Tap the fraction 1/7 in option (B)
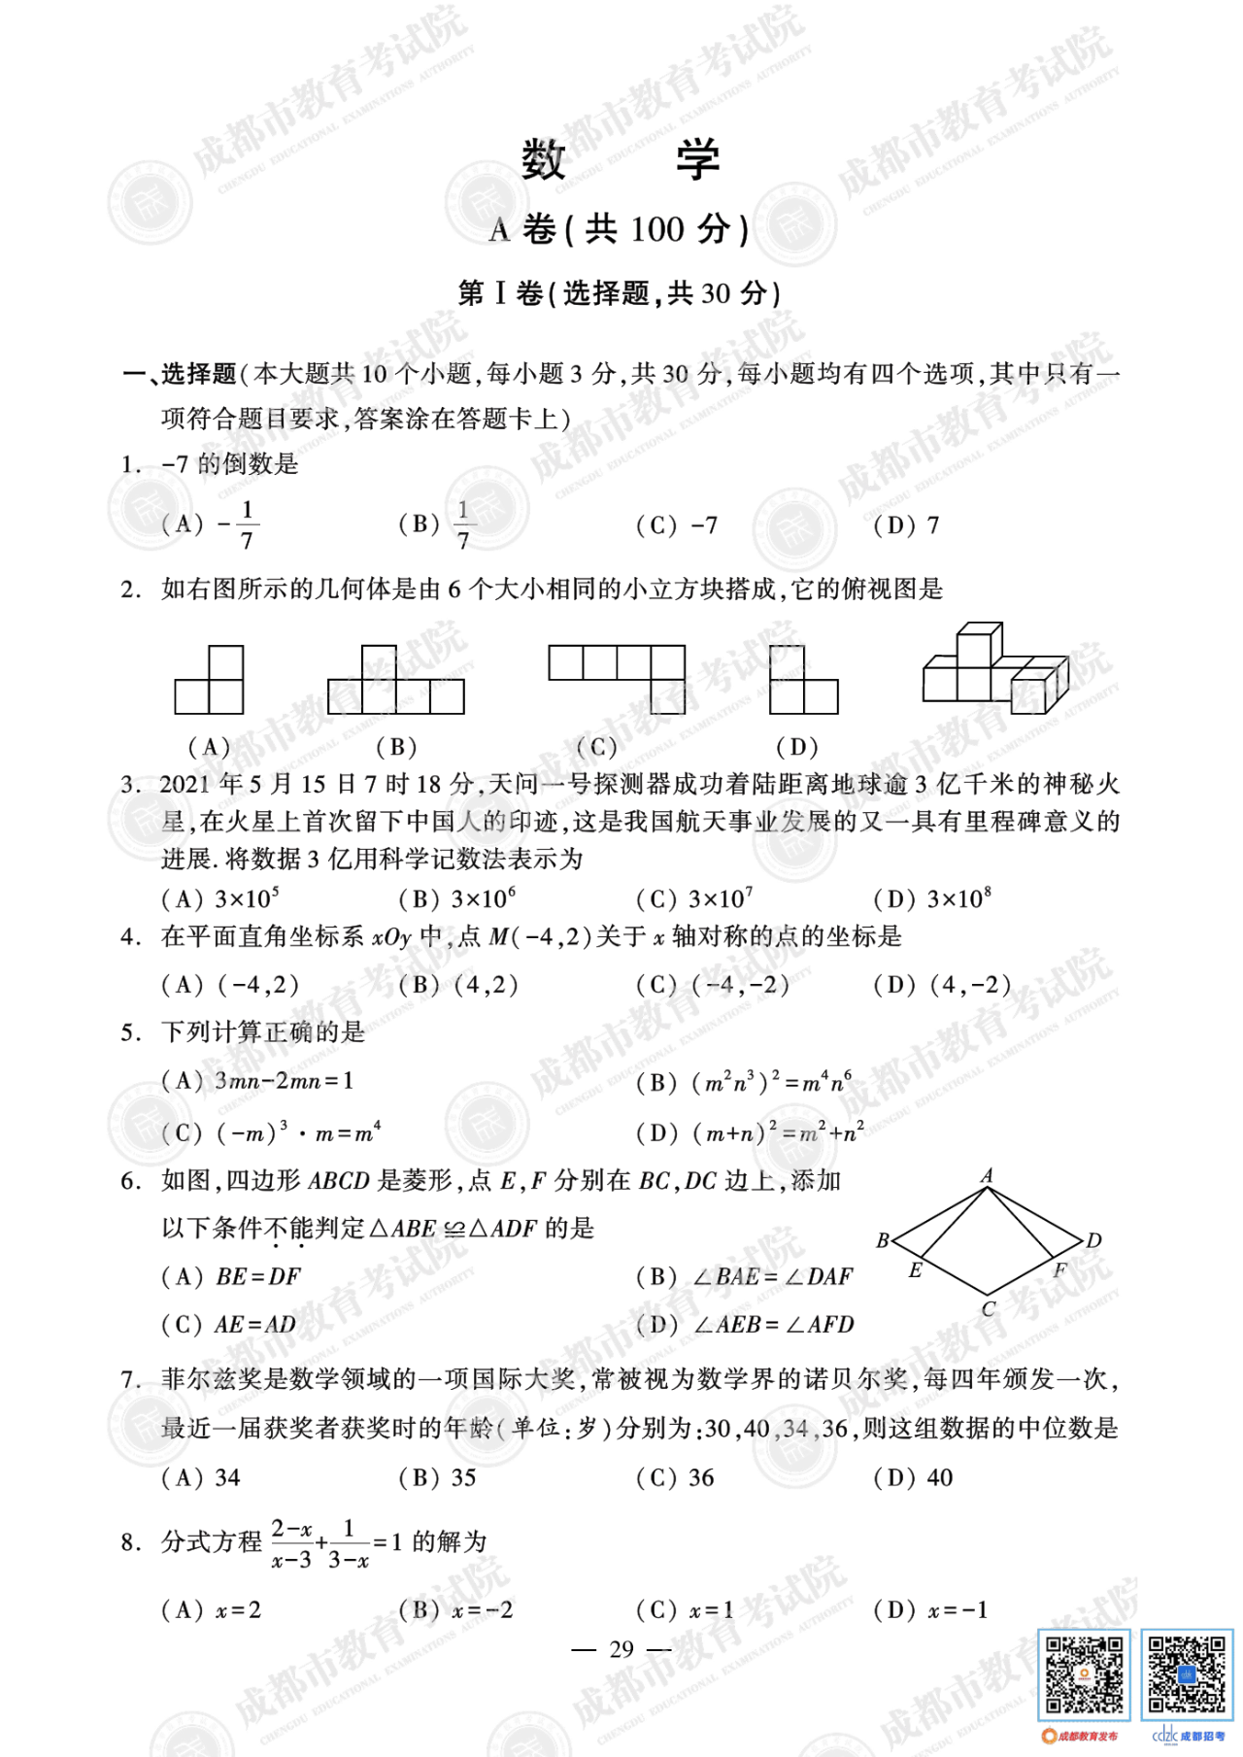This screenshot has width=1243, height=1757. pyautogui.click(x=463, y=524)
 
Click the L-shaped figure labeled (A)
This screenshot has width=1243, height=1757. pyautogui.click(x=209, y=680)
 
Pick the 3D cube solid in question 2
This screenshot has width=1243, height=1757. pyautogui.click(x=994, y=666)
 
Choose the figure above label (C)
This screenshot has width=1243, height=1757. pyautogui.click(x=617, y=678)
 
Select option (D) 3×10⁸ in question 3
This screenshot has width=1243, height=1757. pyautogui.click(x=932, y=898)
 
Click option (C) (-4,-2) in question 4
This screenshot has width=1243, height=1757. pyautogui.click(x=713, y=985)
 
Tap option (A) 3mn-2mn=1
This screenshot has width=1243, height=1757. pyautogui.click(x=258, y=1080)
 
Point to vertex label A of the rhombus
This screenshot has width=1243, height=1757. pyautogui.click(x=987, y=1175)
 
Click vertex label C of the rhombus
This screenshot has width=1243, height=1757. pyautogui.click(x=988, y=1308)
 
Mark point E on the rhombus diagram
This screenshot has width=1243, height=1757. pyautogui.click(x=915, y=1269)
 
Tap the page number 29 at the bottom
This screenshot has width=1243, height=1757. pyautogui.click(x=621, y=1648)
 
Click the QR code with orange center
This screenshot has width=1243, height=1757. pyautogui.click(x=1083, y=1674)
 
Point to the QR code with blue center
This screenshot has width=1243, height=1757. pyautogui.click(x=1186, y=1674)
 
